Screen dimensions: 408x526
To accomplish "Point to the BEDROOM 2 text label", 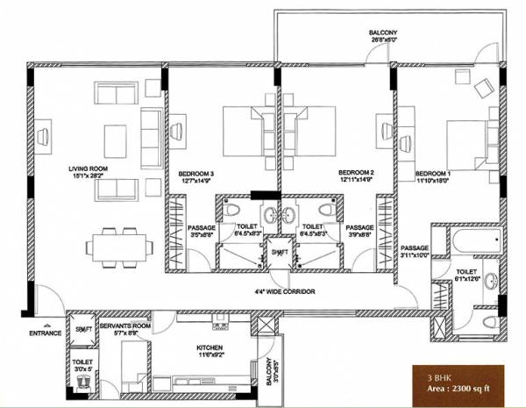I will click(x=356, y=173).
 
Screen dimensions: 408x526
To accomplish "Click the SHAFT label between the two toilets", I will click(x=280, y=252).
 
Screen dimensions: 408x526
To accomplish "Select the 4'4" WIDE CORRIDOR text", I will click(x=280, y=291).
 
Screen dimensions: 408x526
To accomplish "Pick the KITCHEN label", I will click(x=210, y=348).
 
